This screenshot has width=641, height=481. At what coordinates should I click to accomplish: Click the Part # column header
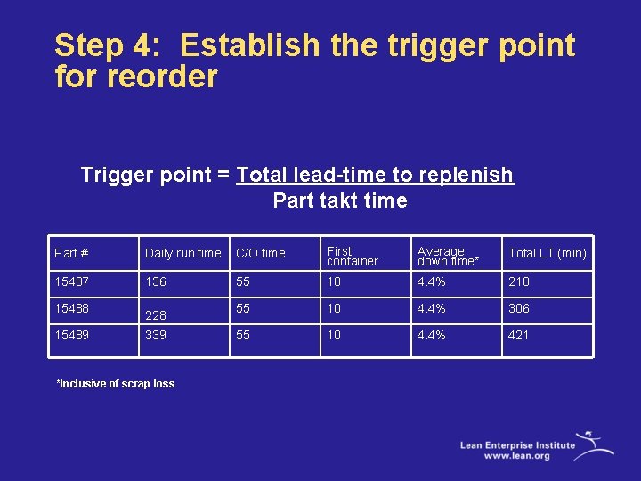71,254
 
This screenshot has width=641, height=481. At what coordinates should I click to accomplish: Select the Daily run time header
183,254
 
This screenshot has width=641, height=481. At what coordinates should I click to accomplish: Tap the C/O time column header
261,254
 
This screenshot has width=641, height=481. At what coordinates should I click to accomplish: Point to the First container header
352,257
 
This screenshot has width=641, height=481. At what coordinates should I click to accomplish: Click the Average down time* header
447,257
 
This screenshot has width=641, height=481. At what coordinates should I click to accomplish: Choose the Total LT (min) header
547,254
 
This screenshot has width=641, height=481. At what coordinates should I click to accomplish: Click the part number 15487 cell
72,281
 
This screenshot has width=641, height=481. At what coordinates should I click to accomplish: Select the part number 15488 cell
72,308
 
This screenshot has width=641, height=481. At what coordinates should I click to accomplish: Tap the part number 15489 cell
72,335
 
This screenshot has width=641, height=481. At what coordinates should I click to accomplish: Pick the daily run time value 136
156,281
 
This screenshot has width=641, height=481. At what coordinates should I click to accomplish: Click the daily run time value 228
156,315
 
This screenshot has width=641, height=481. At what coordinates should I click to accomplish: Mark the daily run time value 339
156,335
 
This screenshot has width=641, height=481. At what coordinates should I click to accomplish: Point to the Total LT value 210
518,281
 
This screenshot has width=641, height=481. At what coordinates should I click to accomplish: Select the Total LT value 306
518,308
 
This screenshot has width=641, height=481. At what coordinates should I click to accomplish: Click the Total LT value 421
518,335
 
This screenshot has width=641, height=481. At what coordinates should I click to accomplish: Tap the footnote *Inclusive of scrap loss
116,384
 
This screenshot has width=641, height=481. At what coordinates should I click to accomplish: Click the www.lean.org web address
516,455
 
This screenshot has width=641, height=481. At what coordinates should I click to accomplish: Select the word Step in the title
90,45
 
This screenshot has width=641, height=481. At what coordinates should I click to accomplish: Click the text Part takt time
340,200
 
